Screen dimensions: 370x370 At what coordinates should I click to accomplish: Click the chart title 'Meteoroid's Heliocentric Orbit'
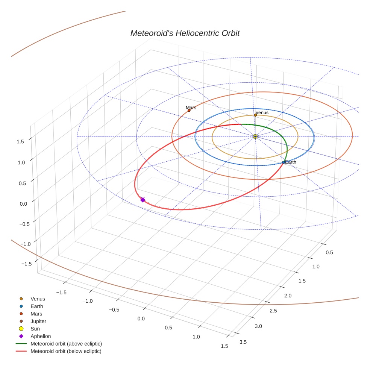coord(185,33)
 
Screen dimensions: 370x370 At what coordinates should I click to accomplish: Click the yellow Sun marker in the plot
coord(255,136)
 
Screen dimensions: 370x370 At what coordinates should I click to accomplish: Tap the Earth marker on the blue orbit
coord(284,162)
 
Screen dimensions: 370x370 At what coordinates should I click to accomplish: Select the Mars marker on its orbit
coord(189,111)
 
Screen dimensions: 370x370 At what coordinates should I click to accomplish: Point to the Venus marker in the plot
coord(255,115)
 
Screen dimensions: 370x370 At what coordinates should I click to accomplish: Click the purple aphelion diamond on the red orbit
coord(143,200)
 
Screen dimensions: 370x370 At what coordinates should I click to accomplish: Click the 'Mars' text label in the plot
coord(191,108)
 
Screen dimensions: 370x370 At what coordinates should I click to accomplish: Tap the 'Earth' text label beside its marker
coord(291,162)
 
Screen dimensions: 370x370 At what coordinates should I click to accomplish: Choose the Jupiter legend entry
coord(38,321)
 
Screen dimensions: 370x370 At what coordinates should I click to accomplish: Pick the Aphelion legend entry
coord(41,336)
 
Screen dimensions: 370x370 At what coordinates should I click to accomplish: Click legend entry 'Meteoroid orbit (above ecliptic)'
coord(66,344)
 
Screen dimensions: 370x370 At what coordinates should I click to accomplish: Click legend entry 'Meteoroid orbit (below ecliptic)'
coord(66,351)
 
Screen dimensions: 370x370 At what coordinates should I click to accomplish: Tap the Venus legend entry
coord(38,299)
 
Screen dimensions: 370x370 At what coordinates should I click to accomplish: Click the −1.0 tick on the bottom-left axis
coord(88,301)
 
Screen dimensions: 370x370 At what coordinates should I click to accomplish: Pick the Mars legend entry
coord(36,314)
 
